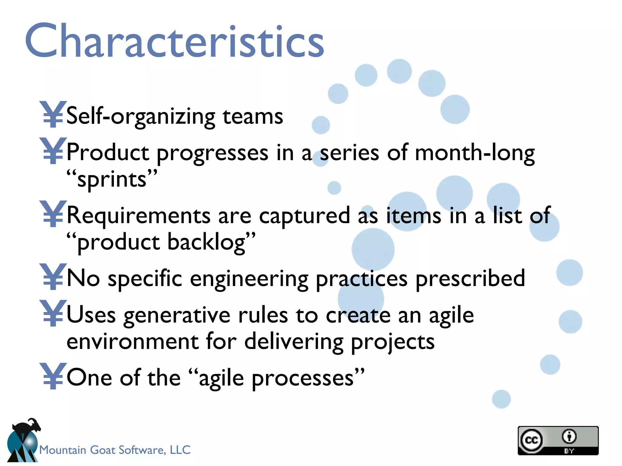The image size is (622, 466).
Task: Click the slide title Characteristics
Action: (175, 41)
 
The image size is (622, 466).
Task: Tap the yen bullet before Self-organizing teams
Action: (53, 114)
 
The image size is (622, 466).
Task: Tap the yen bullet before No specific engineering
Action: (53, 277)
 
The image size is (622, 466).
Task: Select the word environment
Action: (132, 342)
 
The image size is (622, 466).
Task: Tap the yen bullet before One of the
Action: (53, 376)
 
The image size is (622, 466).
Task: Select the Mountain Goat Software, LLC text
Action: (115, 450)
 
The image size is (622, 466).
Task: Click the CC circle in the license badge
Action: (531, 440)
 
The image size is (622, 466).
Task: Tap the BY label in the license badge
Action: (569, 451)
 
